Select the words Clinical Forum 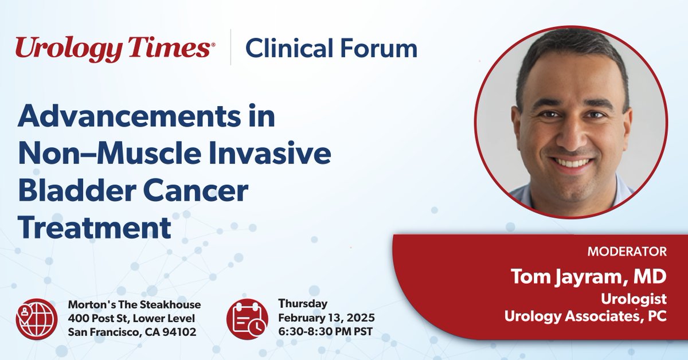click(331, 49)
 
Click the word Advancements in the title click(146, 117)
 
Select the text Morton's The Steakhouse click(134, 304)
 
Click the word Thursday click(303, 304)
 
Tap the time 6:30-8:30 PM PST click(323, 332)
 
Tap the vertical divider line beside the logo click(230, 49)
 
